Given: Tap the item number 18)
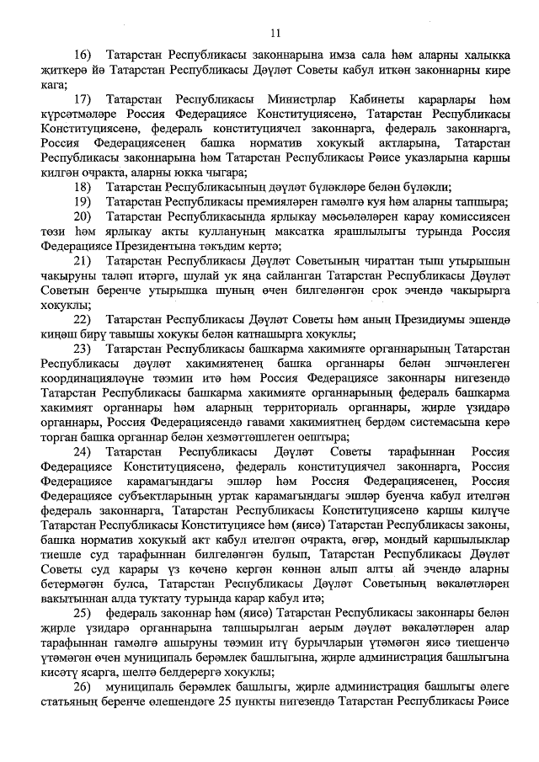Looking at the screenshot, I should [83, 188].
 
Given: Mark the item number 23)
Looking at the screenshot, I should [83, 348].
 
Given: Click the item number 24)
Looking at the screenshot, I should [83, 453].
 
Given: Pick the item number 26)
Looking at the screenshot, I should [83, 714].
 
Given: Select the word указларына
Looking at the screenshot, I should [429, 157].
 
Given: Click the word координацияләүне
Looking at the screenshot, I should [91, 379].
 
